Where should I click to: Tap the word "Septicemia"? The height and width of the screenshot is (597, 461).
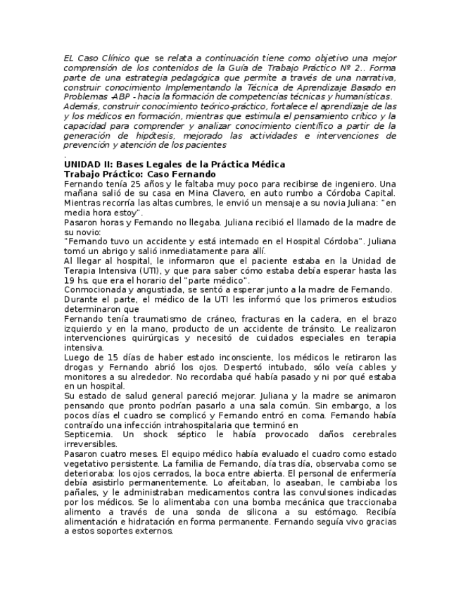89,434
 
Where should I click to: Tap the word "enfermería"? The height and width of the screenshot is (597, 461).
372,473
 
